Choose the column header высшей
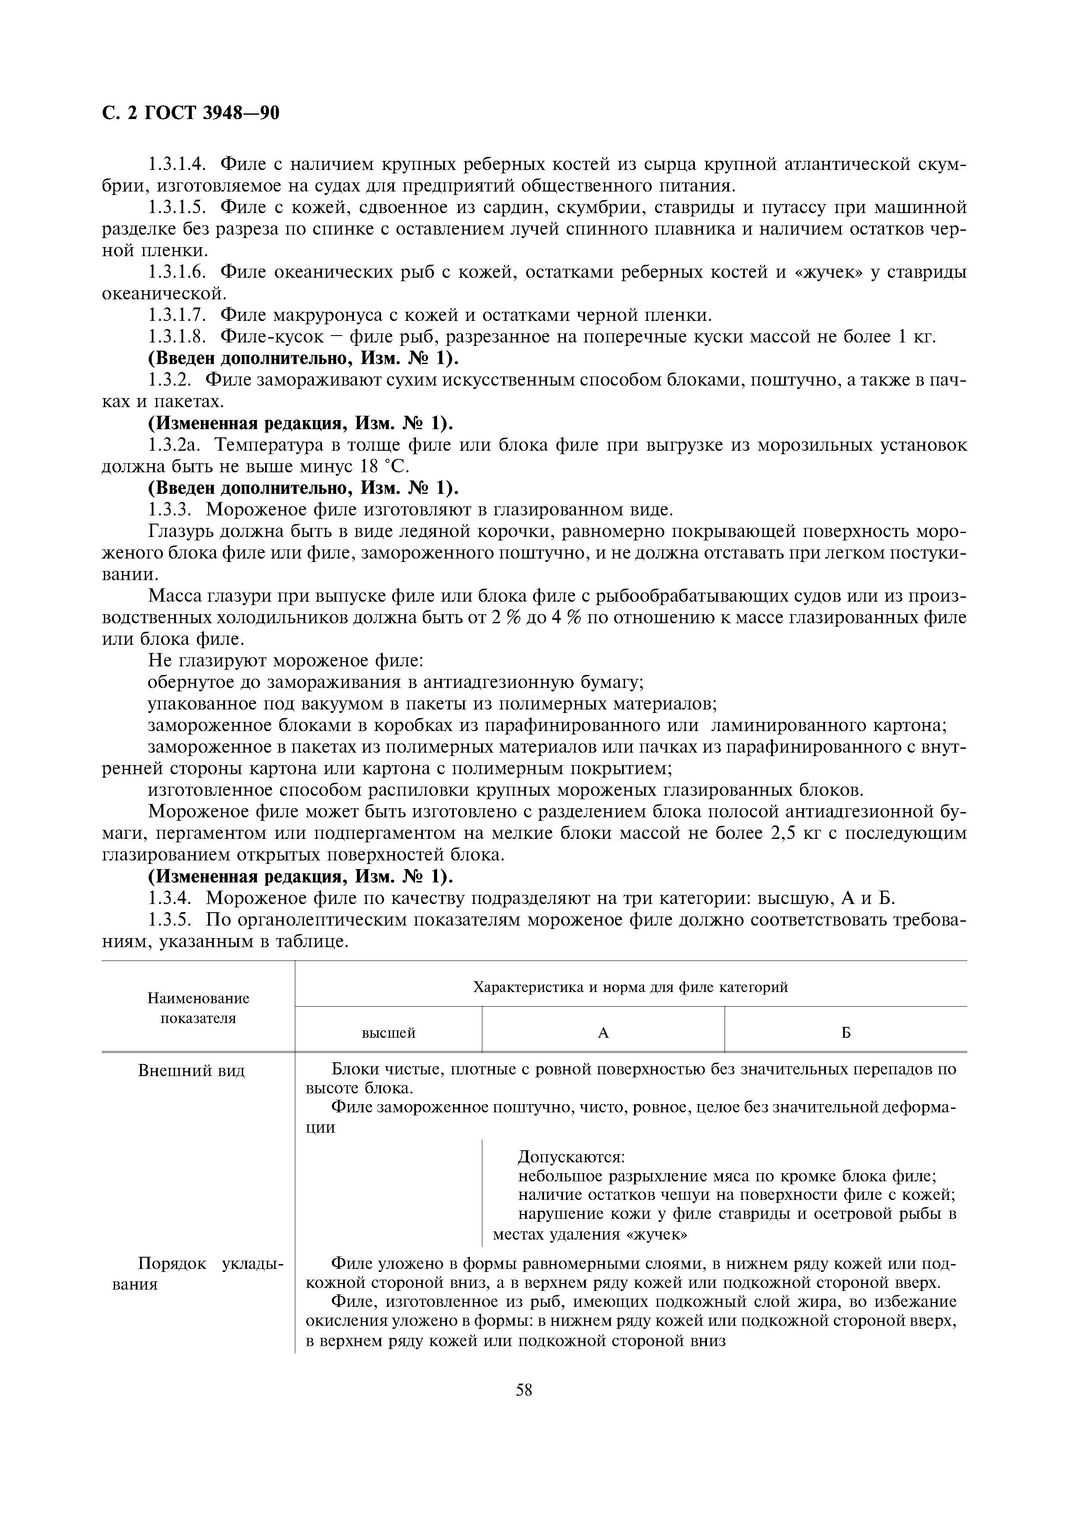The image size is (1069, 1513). point(389,1033)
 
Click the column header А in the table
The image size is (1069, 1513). point(603,1033)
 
